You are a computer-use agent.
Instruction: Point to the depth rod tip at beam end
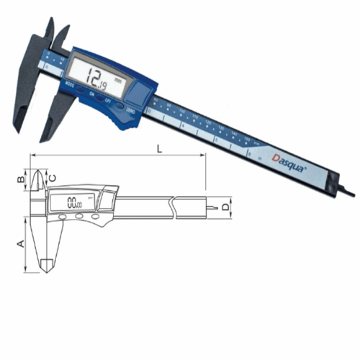pyautogui.click(x=349, y=192)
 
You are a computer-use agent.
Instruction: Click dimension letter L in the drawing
pyautogui.click(x=157, y=149)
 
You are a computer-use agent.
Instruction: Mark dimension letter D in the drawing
pyautogui.click(x=226, y=207)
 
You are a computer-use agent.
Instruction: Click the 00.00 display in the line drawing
pyautogui.click(x=74, y=202)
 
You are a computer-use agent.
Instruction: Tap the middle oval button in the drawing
pyautogui.click(x=78, y=217)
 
